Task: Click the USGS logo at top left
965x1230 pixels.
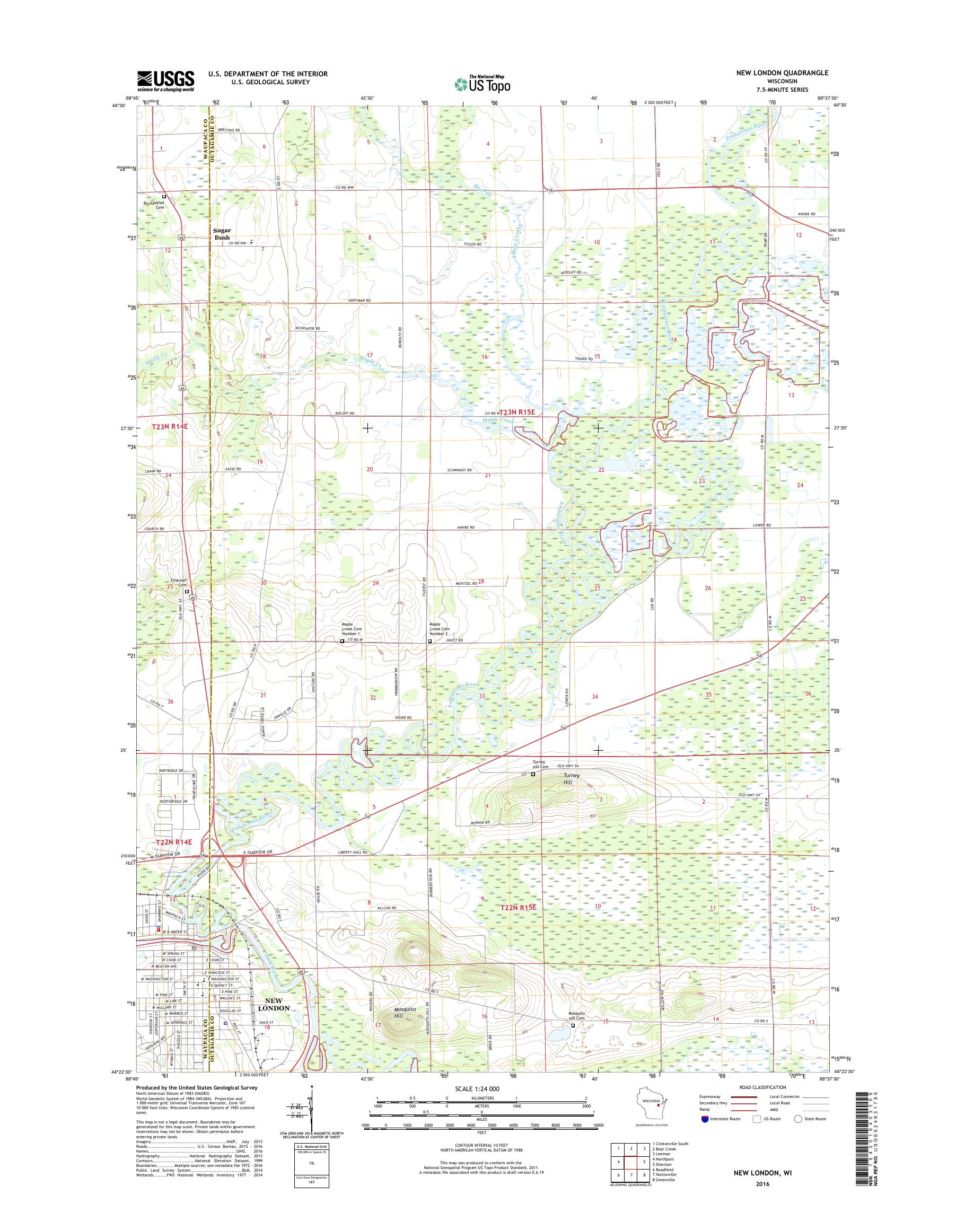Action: [165, 81]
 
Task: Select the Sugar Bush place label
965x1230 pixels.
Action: [222, 234]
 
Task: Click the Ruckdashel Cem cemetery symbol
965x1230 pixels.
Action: [164, 197]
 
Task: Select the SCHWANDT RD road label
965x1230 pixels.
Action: [459, 470]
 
